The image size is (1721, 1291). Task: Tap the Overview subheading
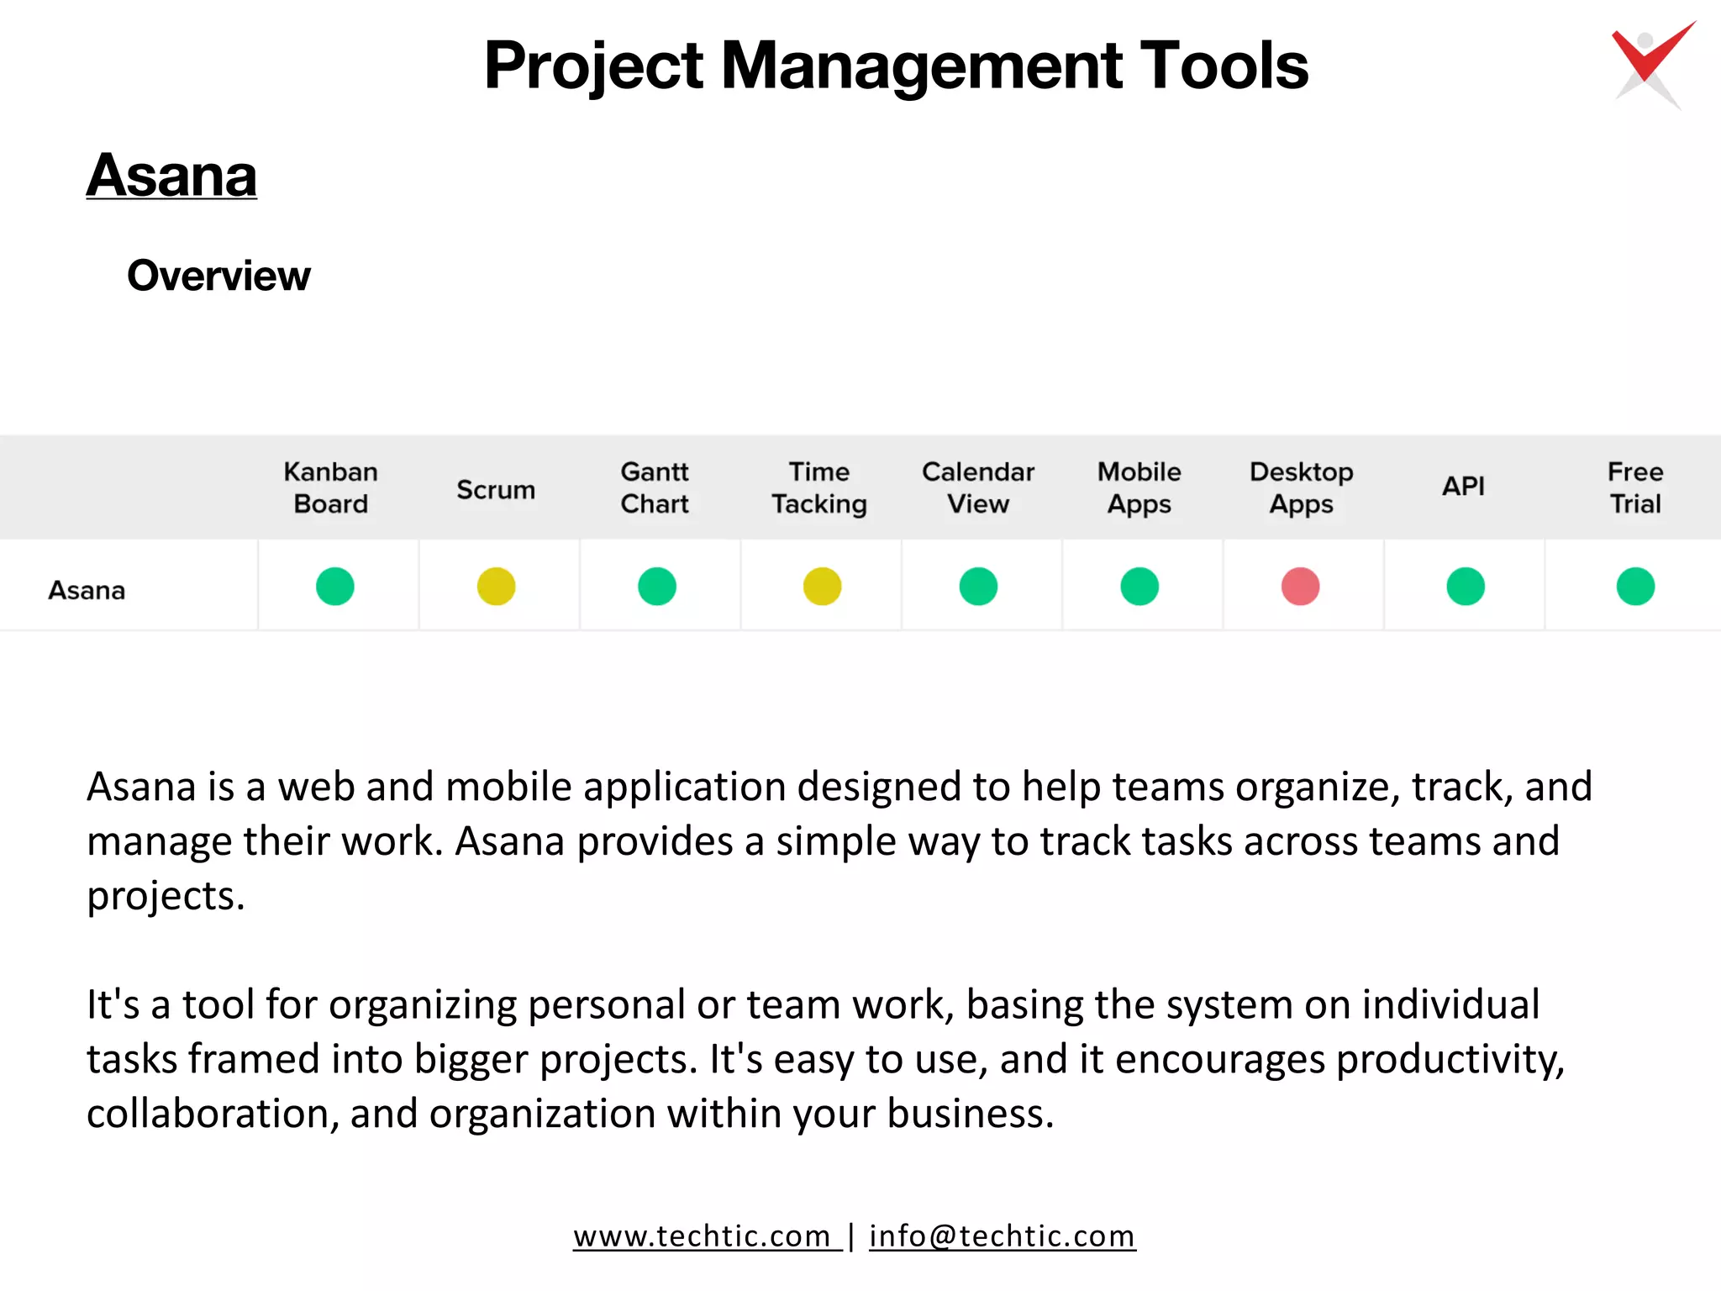[218, 276]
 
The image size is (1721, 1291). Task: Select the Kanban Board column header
[330, 487]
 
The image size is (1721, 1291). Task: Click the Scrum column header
[496, 489]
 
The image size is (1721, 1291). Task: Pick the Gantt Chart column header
[655, 487]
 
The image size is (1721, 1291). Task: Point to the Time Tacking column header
[819, 487]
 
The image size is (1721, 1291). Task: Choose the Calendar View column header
[978, 487]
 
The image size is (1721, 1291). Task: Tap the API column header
[1463, 486]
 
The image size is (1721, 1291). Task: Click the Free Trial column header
[1635, 487]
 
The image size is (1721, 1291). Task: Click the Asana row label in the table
[87, 590]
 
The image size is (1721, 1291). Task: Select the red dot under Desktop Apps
[1300, 587]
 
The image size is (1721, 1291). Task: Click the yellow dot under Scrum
[496, 587]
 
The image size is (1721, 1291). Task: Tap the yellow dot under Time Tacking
[822, 587]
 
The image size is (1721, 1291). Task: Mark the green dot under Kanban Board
[334, 587]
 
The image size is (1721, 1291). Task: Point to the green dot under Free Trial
[1635, 587]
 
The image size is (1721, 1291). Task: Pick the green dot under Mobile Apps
[1139, 587]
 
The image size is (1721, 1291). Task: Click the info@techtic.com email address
[1002, 1236]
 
